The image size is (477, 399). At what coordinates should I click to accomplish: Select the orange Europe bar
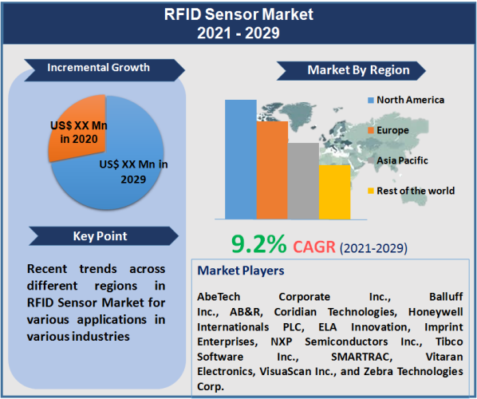271,169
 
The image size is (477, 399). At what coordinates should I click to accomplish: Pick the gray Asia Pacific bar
302,180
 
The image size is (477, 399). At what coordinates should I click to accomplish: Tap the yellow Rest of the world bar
333,192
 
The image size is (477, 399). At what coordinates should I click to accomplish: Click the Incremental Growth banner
98,68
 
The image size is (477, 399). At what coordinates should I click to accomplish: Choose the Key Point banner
100,236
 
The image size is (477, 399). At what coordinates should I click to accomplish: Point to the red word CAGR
316,245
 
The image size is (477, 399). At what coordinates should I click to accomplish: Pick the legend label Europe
392,130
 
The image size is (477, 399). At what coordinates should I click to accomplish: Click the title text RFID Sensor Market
238,14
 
